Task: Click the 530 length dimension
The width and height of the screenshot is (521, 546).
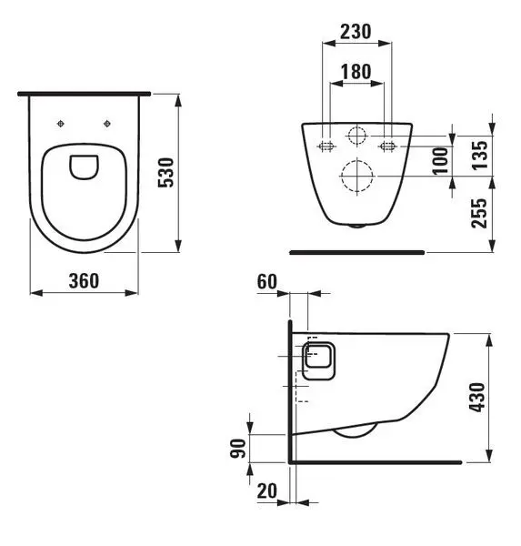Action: (x=165, y=173)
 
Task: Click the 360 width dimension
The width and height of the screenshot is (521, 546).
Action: (x=84, y=280)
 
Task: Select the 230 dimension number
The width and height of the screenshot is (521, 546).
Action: (x=356, y=32)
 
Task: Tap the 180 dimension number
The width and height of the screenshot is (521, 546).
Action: (x=356, y=72)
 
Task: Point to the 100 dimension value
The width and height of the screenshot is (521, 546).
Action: (x=440, y=160)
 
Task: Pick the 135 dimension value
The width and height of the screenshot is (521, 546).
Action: (x=480, y=155)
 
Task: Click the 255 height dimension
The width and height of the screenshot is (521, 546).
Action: (x=479, y=213)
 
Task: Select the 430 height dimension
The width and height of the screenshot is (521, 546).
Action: (x=477, y=397)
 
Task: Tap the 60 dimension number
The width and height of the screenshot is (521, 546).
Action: (x=267, y=281)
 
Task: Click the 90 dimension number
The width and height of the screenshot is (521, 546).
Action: (x=238, y=448)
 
